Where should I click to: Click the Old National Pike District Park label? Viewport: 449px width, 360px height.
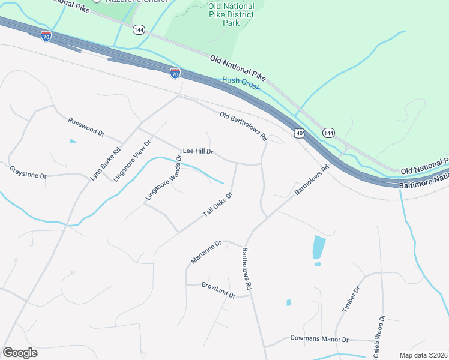pyautogui.click(x=231, y=14)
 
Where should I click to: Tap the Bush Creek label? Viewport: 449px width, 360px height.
pyautogui.click(x=241, y=83)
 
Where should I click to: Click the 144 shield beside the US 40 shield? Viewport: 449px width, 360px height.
pyautogui.click(x=328, y=132)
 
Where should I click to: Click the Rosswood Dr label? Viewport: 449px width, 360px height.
pyautogui.click(x=86, y=126)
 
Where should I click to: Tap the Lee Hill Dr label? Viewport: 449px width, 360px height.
pyautogui.click(x=198, y=152)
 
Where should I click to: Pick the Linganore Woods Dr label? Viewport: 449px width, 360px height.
pyautogui.click(x=163, y=178)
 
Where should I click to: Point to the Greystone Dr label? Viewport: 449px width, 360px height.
pyautogui.click(x=28, y=172)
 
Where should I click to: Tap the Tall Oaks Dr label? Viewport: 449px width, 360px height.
pyautogui.click(x=217, y=205)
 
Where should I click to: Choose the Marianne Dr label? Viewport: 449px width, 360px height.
pyautogui.click(x=206, y=252)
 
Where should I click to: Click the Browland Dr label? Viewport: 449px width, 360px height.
pyautogui.click(x=218, y=290)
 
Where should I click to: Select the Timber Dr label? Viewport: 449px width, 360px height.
pyautogui.click(x=351, y=299)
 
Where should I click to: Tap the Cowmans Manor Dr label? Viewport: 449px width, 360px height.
pyautogui.click(x=319, y=339)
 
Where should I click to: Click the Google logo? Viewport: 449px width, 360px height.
pyautogui.click(x=20, y=352)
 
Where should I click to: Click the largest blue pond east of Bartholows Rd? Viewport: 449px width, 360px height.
pyautogui.click(x=319, y=247)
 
